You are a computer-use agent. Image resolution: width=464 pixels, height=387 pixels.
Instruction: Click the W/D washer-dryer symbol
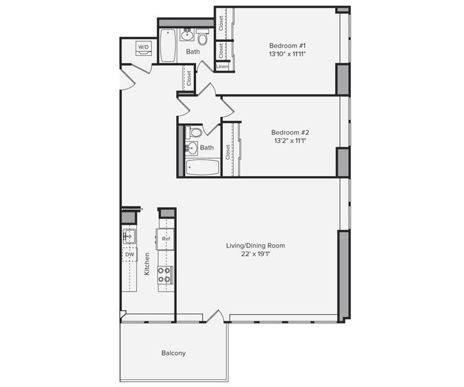[x=144, y=48]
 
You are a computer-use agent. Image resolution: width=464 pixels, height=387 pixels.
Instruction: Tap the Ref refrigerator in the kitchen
[x=166, y=239]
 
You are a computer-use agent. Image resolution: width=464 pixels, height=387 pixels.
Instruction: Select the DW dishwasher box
[x=129, y=255]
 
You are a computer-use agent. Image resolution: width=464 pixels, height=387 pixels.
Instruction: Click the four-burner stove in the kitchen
[x=164, y=275]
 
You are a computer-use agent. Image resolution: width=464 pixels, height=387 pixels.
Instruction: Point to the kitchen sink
[x=129, y=236]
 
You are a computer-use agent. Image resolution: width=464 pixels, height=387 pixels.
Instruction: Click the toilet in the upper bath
[x=202, y=37]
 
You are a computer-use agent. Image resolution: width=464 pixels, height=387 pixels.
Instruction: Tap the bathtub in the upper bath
[x=168, y=45]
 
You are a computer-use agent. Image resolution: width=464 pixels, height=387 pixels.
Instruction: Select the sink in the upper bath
[x=187, y=35]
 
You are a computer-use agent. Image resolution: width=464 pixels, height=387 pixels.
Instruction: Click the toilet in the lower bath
[x=194, y=132]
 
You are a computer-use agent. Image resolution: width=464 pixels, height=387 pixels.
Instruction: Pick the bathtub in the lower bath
[x=202, y=167]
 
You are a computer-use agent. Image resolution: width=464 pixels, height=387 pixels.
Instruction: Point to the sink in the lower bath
[x=191, y=148]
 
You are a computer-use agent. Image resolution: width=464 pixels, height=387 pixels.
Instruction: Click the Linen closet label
[x=222, y=66]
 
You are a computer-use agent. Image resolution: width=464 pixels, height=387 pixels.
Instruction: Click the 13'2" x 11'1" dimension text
[x=289, y=141]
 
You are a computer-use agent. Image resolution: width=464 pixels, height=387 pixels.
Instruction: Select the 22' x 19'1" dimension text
[x=256, y=254]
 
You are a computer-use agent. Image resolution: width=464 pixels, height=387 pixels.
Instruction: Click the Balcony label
[x=173, y=353]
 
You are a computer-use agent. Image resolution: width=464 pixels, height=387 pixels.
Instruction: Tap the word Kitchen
[x=147, y=264]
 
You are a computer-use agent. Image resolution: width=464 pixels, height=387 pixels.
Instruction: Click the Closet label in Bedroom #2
[x=227, y=152]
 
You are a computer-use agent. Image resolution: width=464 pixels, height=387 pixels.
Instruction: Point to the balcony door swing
[x=215, y=315]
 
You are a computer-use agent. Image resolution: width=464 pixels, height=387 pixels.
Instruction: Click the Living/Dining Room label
[x=256, y=246]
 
